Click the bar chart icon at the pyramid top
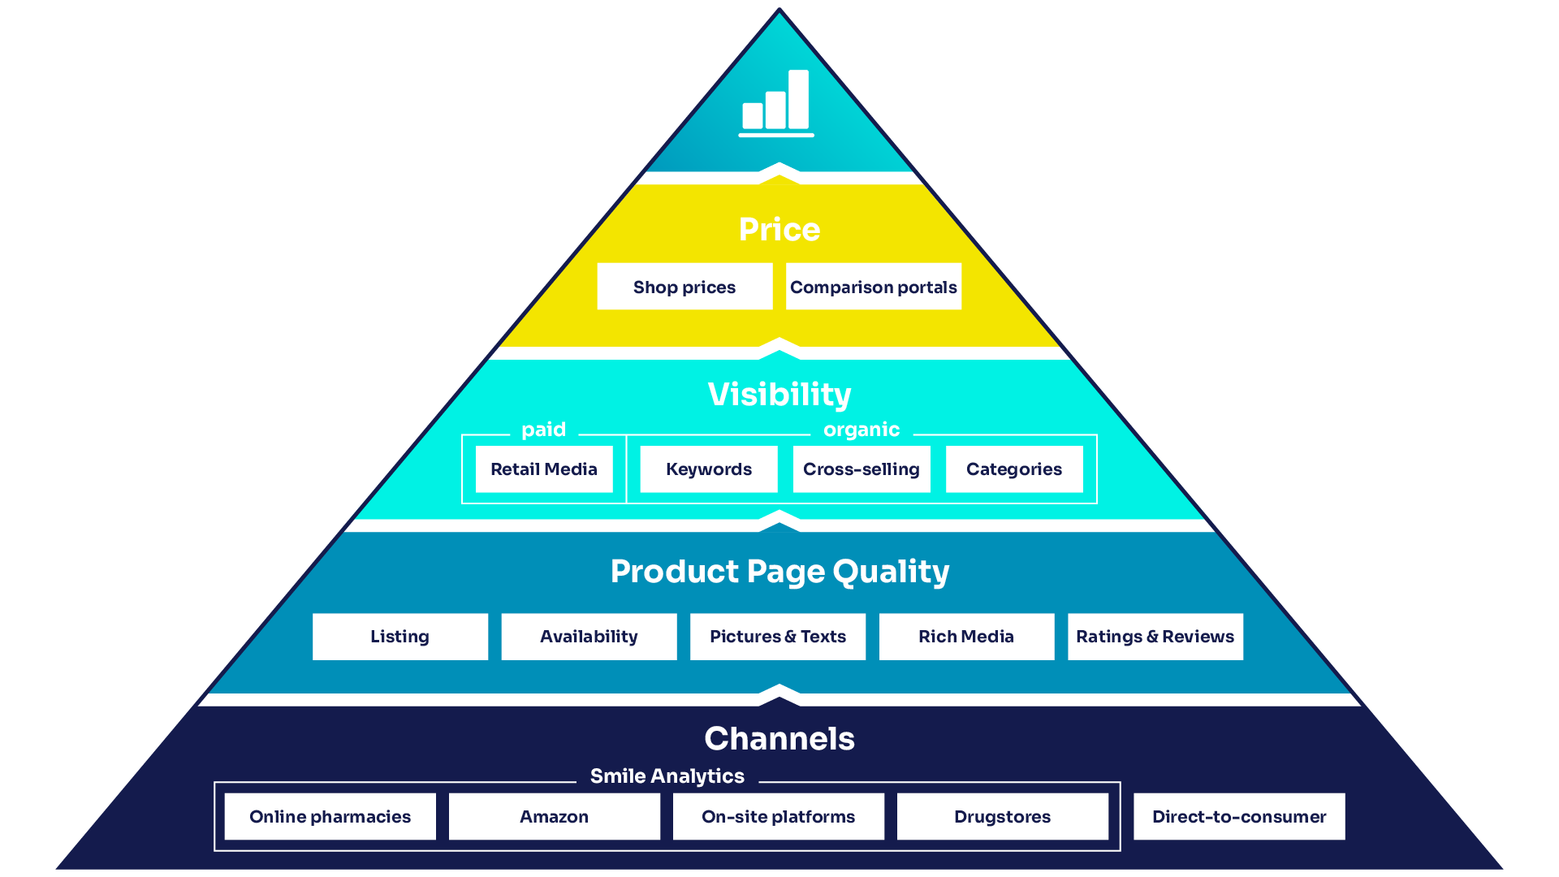pos(776,103)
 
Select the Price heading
pos(779,230)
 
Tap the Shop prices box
pos(684,287)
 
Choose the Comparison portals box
pos(873,287)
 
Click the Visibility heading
pos(779,395)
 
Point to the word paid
pos(543,430)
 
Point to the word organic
pos(862,430)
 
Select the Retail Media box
pos(544,469)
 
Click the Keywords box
pos(709,469)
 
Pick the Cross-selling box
pos(862,469)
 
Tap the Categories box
pos(1014,469)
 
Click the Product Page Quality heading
pos(779,572)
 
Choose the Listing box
pos(399,637)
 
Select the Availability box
pos(589,637)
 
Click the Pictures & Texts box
pos(778,637)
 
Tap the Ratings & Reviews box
pos(1155,637)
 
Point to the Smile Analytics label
pos(667,776)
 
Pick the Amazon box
pos(554,817)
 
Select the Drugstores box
pos(1002,817)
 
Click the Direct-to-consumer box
pos(1239,817)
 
